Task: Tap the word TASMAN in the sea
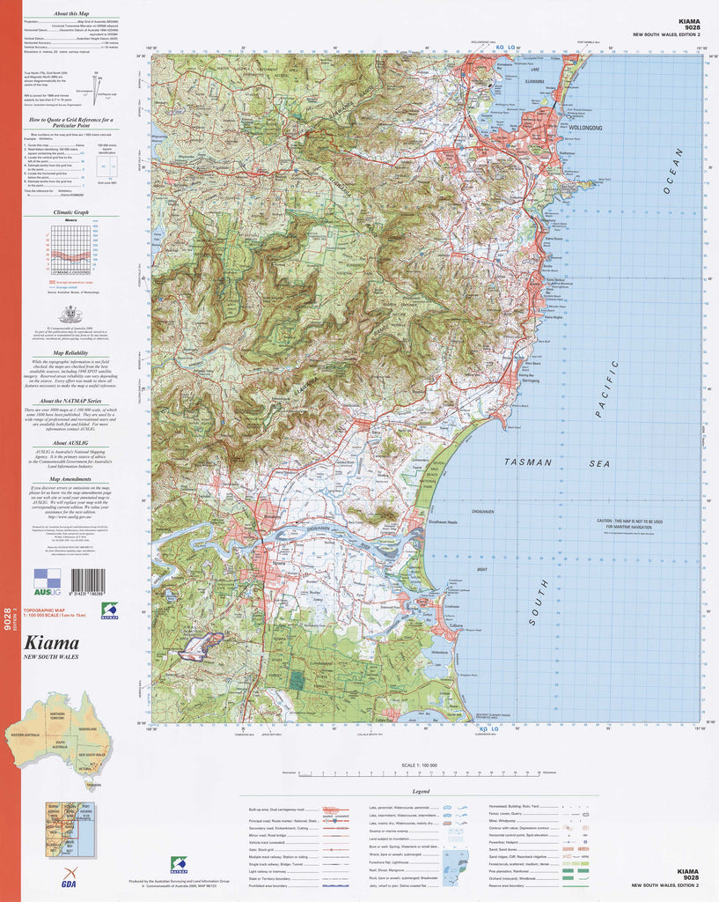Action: coord(528,462)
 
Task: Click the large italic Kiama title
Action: coord(52,643)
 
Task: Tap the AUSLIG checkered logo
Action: coord(47,578)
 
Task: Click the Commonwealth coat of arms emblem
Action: coord(70,314)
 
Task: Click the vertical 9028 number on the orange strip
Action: coord(8,621)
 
